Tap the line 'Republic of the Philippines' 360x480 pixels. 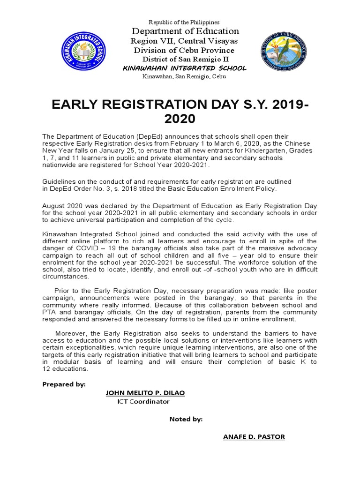click(184, 22)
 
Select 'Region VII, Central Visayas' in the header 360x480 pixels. click(184, 41)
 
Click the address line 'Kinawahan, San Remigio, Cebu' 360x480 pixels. click(184, 76)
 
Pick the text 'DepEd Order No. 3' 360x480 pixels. click(92, 188)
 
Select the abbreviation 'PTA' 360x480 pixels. click(49, 312)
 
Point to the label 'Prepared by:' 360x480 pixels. click(64, 384)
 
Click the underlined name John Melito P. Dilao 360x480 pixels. click(145, 393)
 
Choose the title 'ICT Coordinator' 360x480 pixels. click(143, 402)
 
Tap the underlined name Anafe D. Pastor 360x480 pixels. click(254, 437)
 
